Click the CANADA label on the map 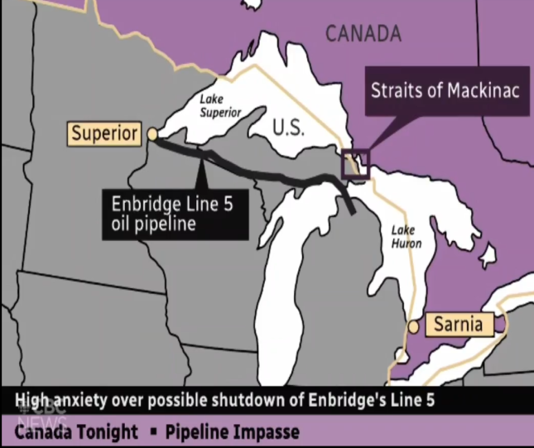click(363, 33)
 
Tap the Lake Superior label click(220, 105)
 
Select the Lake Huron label click(407, 237)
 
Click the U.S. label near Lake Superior click(289, 128)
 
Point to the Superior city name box click(104, 133)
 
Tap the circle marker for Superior click(152, 134)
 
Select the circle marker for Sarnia click(413, 326)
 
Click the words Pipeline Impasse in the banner click(232, 432)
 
